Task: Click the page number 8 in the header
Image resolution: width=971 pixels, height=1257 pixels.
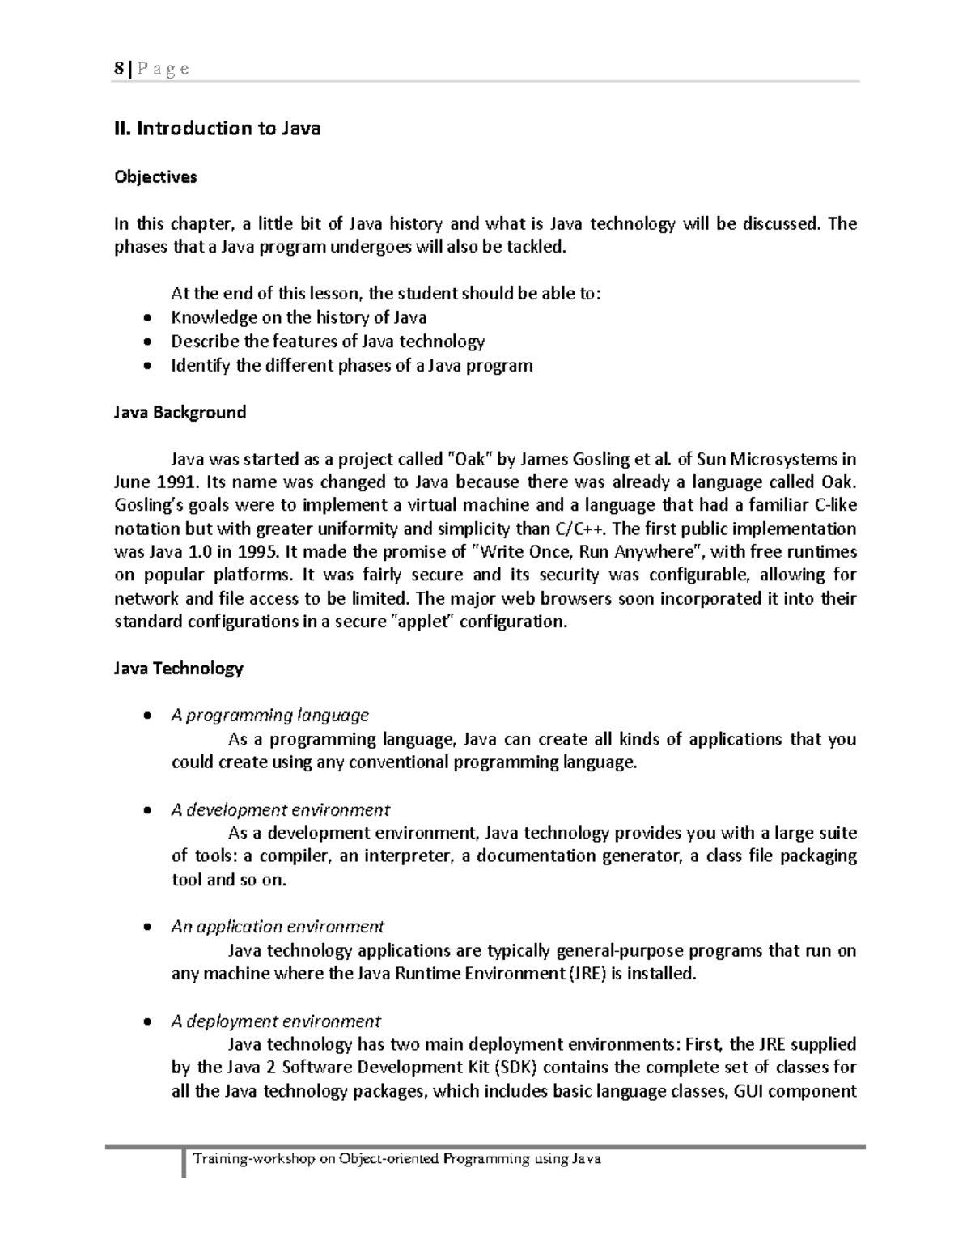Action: click(117, 69)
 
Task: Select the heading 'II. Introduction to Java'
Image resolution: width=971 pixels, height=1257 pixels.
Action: click(217, 129)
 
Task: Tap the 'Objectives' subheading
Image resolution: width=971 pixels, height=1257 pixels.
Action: click(155, 176)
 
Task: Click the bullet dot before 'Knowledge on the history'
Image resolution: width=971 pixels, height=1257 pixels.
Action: click(146, 318)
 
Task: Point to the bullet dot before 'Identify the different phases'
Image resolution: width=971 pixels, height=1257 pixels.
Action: click(146, 366)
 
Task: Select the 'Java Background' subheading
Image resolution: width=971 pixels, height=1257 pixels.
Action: click(179, 412)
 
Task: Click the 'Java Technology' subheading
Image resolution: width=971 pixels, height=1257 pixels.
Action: click(177, 669)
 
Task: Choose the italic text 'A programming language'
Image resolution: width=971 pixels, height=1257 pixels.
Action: click(269, 716)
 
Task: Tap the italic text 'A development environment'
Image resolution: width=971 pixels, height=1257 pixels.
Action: click(280, 810)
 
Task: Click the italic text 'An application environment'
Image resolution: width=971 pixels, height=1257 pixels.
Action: click(278, 926)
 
